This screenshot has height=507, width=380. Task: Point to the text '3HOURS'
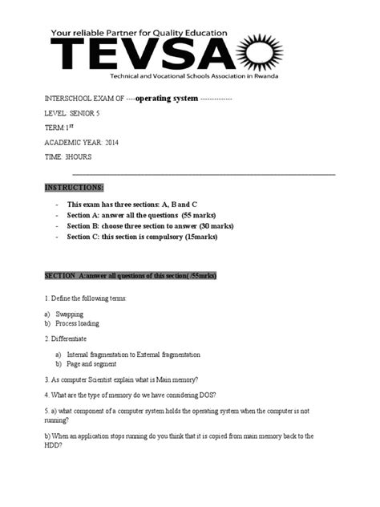coord(78,156)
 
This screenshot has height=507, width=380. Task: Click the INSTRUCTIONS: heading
coord(75,187)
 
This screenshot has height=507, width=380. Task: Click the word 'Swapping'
coord(70,314)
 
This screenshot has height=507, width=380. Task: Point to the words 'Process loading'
coord(79,323)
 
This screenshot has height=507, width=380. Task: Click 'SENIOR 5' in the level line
coord(87,113)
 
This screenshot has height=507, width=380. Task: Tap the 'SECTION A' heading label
coord(61,275)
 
